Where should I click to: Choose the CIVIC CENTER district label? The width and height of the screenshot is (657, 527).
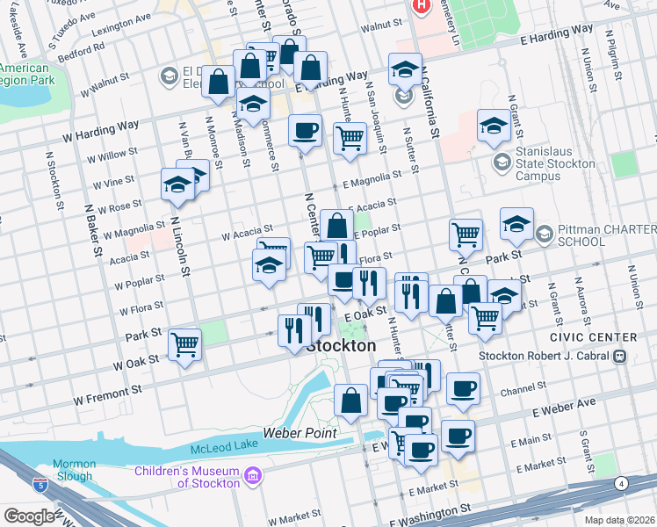pos(593,337)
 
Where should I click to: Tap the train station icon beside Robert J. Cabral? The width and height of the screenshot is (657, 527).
pos(619,357)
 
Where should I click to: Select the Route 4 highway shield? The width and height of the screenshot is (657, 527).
pos(622,483)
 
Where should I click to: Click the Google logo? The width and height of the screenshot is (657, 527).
pos(28,516)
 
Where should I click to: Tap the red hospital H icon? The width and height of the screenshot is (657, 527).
pos(422,6)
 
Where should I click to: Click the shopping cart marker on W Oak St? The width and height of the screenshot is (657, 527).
pos(184,343)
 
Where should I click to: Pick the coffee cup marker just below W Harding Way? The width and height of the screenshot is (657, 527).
pos(305,130)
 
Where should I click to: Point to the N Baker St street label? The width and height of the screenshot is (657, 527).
pos(91,235)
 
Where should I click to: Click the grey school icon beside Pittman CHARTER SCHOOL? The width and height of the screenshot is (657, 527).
pos(544,234)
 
